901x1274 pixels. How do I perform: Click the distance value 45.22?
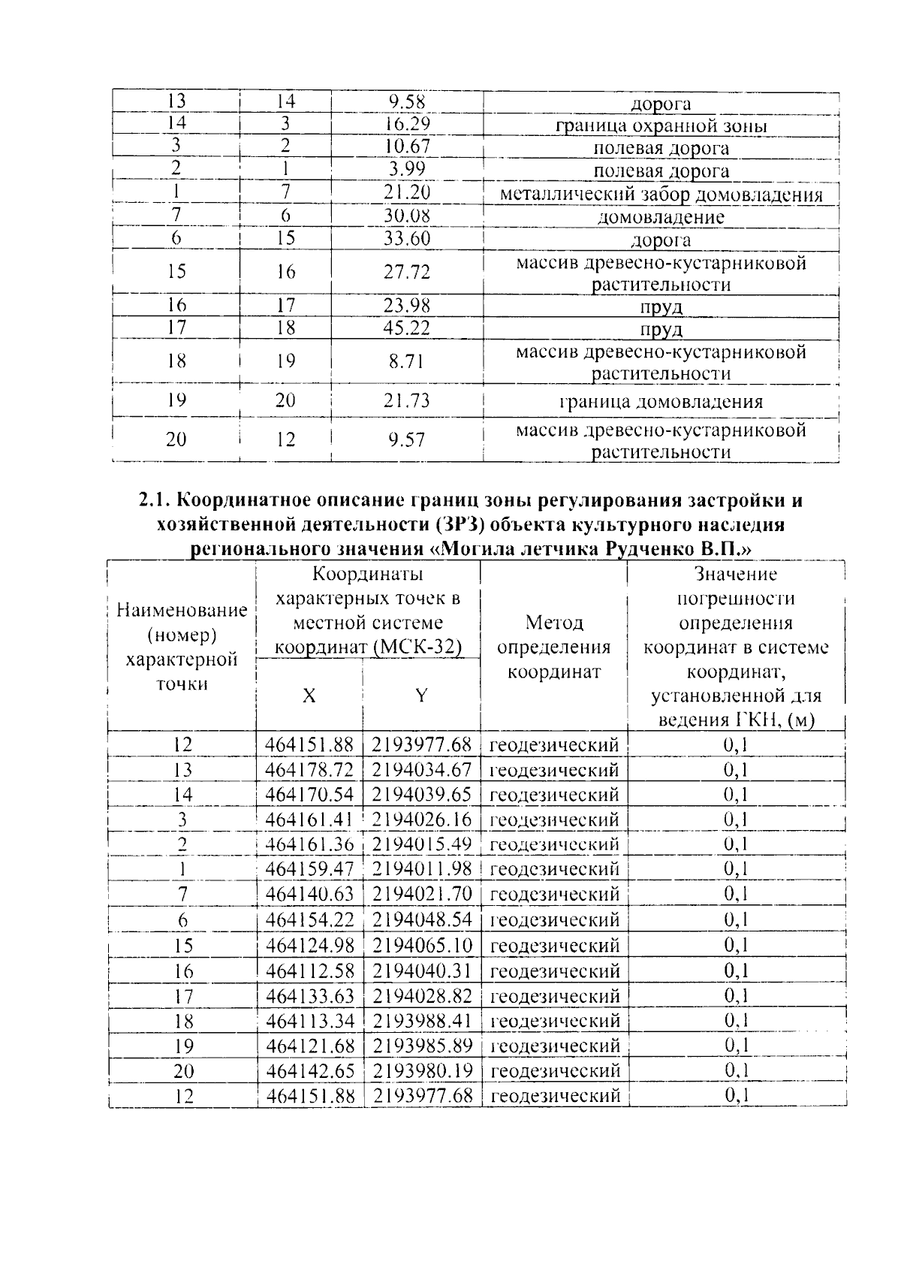(407, 328)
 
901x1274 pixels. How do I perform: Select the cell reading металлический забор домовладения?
(661, 195)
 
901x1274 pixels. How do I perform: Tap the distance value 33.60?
(407, 240)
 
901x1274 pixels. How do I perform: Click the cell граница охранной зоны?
(661, 126)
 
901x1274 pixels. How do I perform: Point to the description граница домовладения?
(661, 401)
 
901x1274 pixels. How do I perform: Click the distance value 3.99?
(407, 171)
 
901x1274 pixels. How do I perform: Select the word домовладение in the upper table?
(661, 218)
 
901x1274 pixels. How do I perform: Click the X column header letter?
(309, 696)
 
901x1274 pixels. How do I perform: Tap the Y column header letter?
(421, 696)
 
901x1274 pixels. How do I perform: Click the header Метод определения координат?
(554, 647)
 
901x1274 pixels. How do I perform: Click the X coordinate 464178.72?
(309, 770)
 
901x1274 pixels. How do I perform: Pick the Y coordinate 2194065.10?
(421, 945)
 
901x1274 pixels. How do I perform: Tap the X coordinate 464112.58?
(309, 971)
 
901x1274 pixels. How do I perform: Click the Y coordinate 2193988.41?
(421, 1021)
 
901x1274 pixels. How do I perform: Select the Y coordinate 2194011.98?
(421, 869)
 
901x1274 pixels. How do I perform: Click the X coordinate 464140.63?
(309, 895)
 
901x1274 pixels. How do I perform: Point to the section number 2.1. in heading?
(156, 501)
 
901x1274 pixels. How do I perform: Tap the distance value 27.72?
(407, 272)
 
